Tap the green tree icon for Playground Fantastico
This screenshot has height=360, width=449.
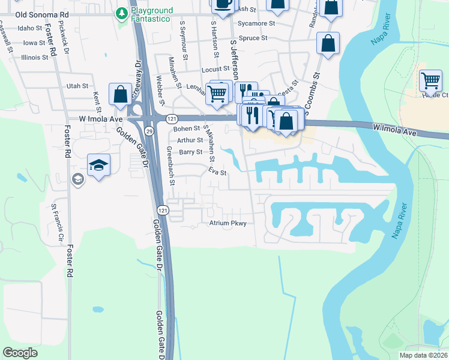[121, 12]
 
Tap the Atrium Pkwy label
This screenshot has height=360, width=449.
[228, 223]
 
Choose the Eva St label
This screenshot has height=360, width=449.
[217, 173]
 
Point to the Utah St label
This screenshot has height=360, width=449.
[77, 86]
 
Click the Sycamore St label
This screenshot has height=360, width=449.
[256, 23]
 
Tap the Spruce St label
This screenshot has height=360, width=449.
[253, 38]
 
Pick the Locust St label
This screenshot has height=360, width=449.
[211, 70]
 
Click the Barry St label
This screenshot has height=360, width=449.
[191, 152]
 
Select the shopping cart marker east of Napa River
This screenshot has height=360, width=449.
[430, 80]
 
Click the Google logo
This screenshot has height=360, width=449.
[20, 353]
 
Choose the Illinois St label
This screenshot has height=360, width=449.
[34, 58]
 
